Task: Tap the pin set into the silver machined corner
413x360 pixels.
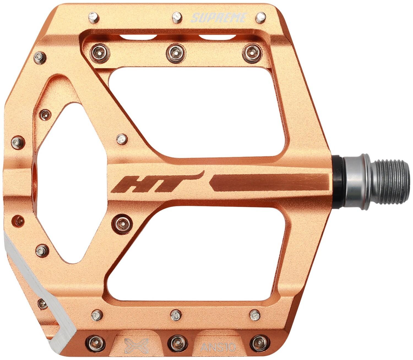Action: (42, 303)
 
